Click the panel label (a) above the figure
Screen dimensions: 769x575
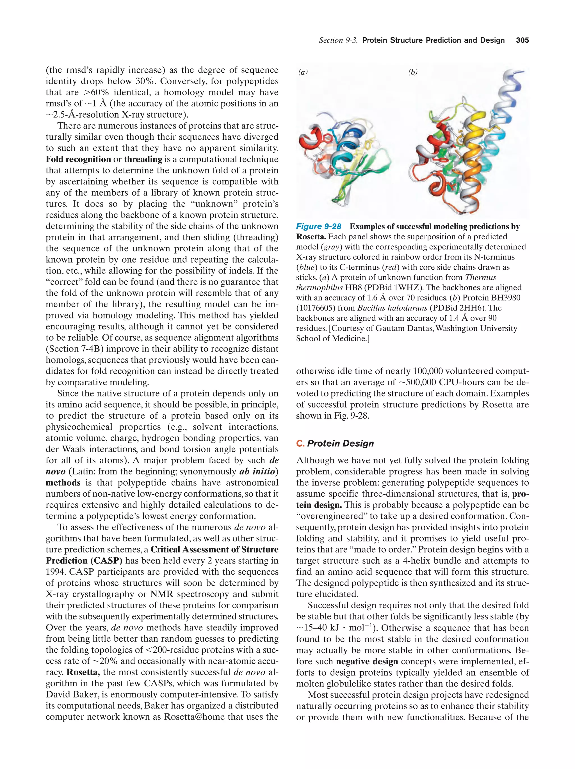[303, 72]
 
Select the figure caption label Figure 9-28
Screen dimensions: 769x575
[318, 227]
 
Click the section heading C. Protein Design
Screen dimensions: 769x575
[335, 443]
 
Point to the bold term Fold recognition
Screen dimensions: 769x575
[78, 159]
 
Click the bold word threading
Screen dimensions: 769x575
[143, 159]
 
